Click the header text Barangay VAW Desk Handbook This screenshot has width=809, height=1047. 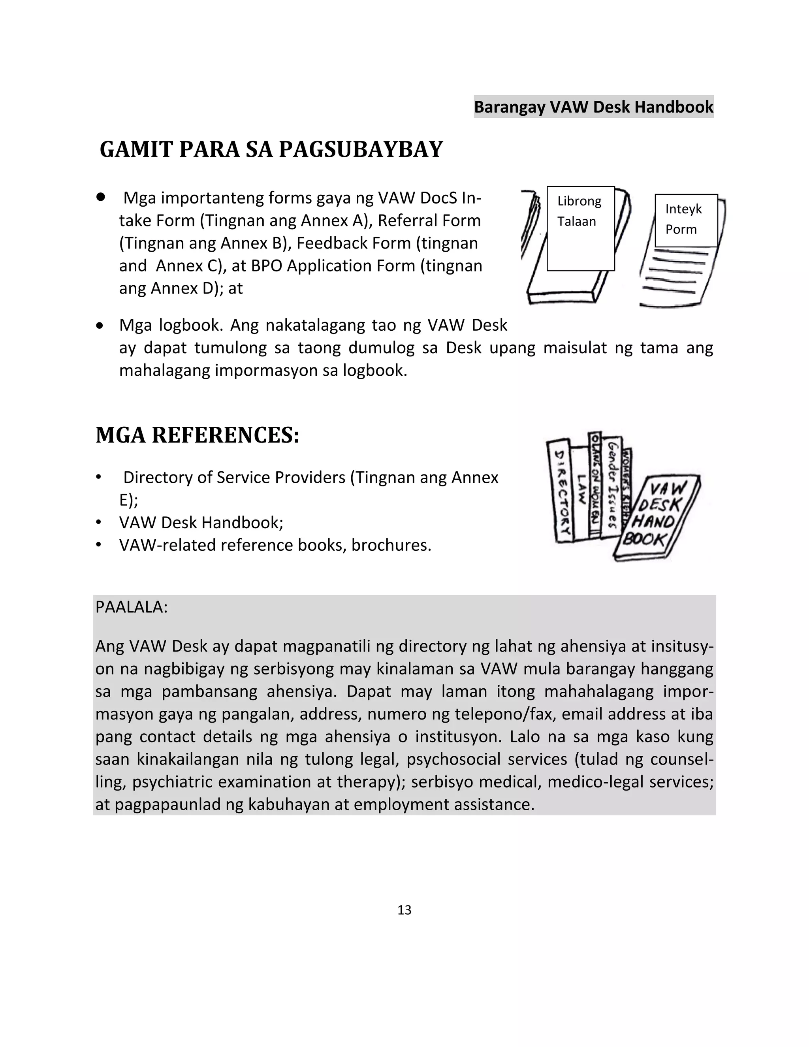593,106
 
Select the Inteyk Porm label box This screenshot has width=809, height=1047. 686,220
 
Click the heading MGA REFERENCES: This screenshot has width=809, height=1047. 197,435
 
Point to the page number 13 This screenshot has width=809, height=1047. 404,910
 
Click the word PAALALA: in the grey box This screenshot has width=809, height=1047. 131,607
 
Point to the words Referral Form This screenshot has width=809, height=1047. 429,220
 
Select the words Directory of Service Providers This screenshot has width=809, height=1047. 234,478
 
